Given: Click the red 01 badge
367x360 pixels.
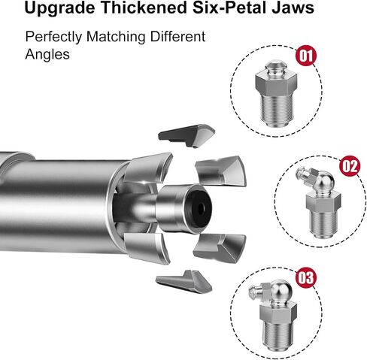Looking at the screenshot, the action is point(306,56).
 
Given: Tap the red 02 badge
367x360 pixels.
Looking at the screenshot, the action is point(350,165).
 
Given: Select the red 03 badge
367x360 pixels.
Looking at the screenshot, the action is point(305,277).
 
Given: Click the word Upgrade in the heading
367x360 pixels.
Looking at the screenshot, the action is point(59,8).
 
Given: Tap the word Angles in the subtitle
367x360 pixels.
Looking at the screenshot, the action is point(47,55).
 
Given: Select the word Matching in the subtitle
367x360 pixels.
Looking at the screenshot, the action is point(116,37).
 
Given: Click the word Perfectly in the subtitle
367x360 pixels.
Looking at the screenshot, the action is point(53,37).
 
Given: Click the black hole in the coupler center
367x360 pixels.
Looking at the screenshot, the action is point(201,209).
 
